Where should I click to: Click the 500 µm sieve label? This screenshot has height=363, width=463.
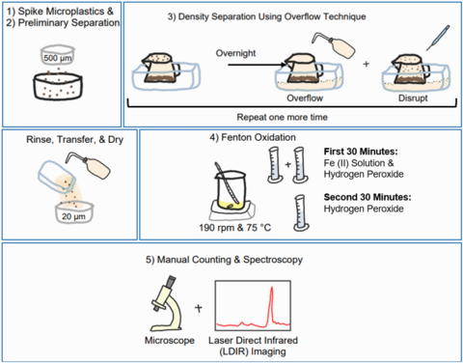(58, 58)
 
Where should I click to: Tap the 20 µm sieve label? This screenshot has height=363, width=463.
(73, 216)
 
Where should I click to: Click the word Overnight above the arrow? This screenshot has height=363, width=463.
(235, 53)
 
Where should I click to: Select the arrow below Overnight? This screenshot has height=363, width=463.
(257, 65)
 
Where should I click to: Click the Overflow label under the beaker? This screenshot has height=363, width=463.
(305, 98)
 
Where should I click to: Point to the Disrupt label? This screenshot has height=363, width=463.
(413, 98)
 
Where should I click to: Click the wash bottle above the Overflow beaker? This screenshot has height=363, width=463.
(334, 44)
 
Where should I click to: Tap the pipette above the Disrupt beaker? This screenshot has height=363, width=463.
(438, 38)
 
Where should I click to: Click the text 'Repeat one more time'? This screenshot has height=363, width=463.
(282, 117)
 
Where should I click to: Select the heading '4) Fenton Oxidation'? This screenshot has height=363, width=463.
(253, 137)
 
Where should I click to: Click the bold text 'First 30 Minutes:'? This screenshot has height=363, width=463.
(361, 152)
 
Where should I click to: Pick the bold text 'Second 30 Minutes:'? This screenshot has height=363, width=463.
(368, 197)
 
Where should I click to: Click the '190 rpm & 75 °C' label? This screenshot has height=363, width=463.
(234, 228)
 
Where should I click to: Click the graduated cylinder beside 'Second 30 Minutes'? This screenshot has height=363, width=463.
(301, 213)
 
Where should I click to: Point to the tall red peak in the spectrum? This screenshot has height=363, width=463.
(272, 304)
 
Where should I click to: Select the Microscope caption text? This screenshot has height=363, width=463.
(170, 341)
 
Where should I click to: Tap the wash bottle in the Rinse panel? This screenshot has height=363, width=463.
(89, 165)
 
